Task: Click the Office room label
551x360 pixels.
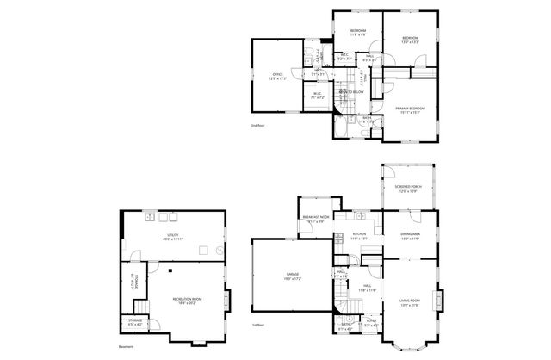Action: pyautogui.click(x=277, y=75)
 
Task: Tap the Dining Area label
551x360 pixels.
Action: pyautogui.click(x=410, y=234)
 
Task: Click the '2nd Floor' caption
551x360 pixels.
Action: pyautogui.click(x=257, y=126)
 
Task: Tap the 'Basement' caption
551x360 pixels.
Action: pyautogui.click(x=127, y=346)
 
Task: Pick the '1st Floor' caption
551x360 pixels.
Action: pyautogui.click(x=258, y=326)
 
